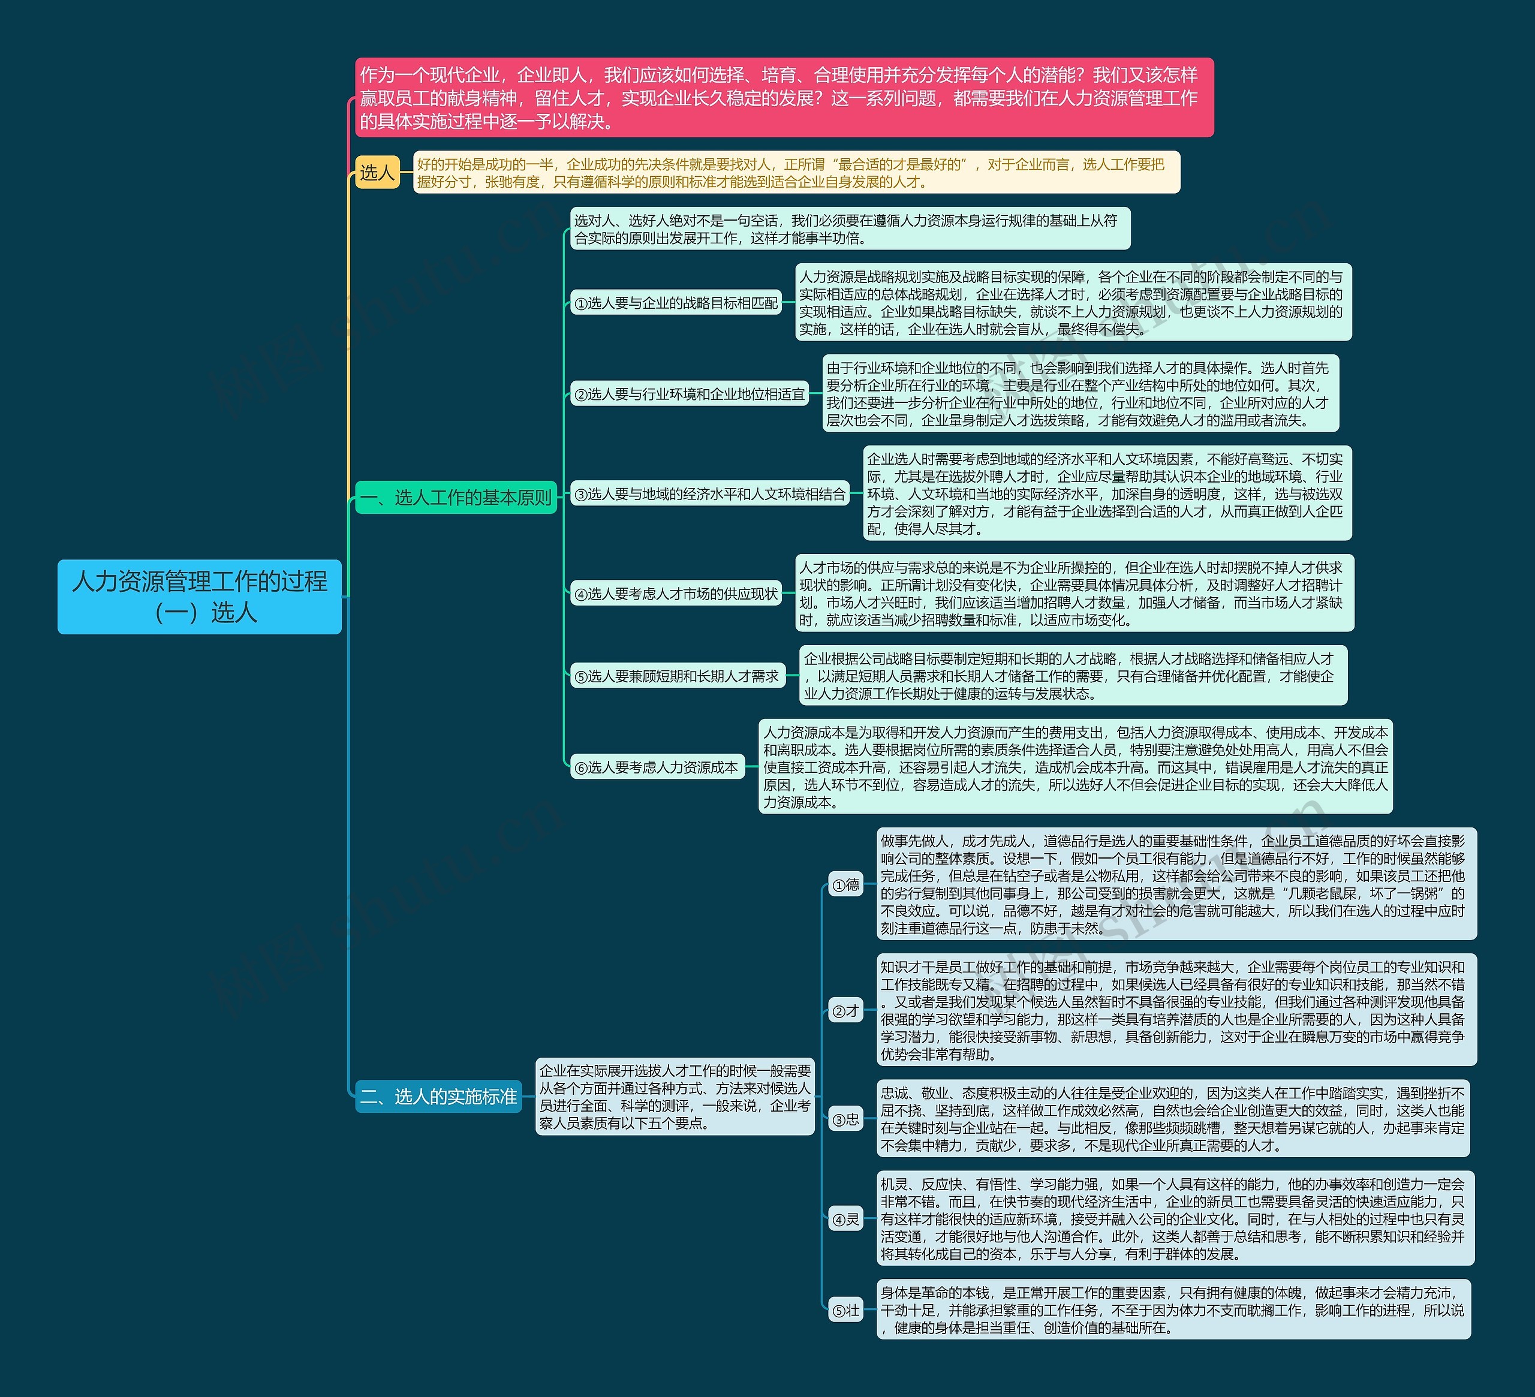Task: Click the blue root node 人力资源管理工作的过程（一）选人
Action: click(x=200, y=596)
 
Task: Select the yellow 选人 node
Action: click(x=377, y=173)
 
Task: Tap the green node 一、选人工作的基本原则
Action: click(x=456, y=497)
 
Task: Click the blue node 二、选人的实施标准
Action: click(x=438, y=1096)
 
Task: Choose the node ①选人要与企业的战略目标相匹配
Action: click(x=676, y=303)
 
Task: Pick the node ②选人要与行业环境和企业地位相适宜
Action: click(x=689, y=395)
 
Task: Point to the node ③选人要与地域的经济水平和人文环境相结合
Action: click(x=709, y=494)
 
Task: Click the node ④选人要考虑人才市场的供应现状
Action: click(x=676, y=594)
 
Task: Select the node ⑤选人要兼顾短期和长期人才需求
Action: click(x=677, y=676)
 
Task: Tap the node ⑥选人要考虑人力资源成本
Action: click(x=657, y=767)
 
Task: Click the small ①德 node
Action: click(x=845, y=884)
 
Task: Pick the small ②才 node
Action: click(x=845, y=1011)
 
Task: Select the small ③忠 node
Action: click(x=845, y=1119)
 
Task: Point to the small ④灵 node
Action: click(x=845, y=1219)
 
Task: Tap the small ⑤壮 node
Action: click(x=845, y=1310)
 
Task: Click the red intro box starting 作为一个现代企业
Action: click(x=784, y=98)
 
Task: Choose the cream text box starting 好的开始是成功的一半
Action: click(x=796, y=173)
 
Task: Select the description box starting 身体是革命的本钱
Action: click(x=1173, y=1309)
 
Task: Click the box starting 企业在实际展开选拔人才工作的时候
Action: click(x=675, y=1096)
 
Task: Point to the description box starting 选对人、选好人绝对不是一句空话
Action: click(x=849, y=229)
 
